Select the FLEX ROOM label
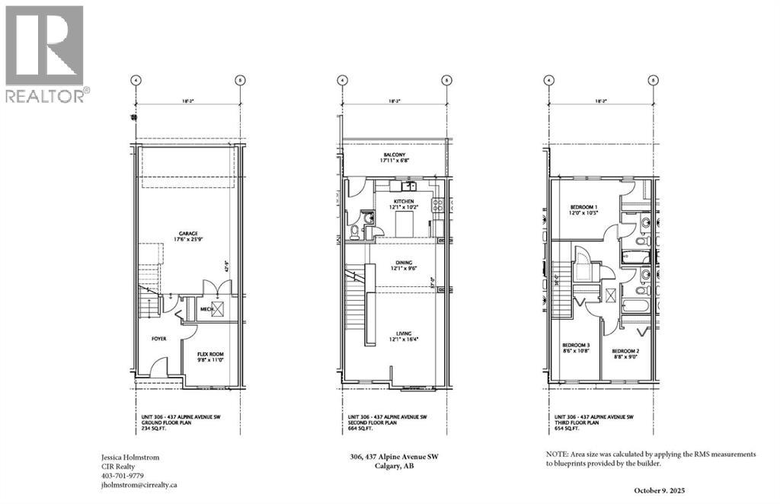(210, 355)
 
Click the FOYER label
(158, 339)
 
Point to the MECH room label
(206, 309)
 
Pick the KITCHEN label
(404, 202)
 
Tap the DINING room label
(404, 263)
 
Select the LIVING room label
(404, 333)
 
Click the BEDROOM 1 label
(584, 207)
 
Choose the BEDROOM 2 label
(625, 352)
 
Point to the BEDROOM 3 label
(576, 344)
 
